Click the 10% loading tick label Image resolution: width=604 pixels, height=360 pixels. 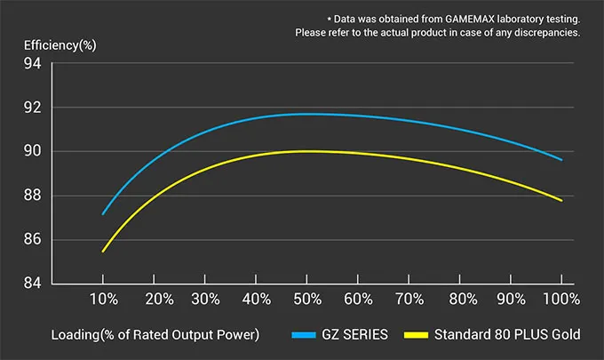pos(103,300)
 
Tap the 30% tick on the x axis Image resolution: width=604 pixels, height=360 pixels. pos(205,300)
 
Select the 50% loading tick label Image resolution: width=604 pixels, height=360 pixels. pos(307,300)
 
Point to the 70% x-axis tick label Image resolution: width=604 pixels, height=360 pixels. pos(409,300)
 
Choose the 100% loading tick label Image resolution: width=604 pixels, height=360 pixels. pos(560,300)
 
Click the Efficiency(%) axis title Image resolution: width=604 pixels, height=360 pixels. pos(60,45)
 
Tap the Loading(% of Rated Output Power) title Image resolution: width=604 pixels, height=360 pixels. pos(155,335)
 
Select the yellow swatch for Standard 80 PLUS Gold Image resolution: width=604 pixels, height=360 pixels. pos(417,336)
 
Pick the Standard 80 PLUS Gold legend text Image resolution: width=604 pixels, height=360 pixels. pos(507,335)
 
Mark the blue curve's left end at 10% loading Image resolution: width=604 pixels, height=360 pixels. pos(103,214)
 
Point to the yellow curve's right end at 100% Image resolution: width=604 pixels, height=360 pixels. pos(561,201)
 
